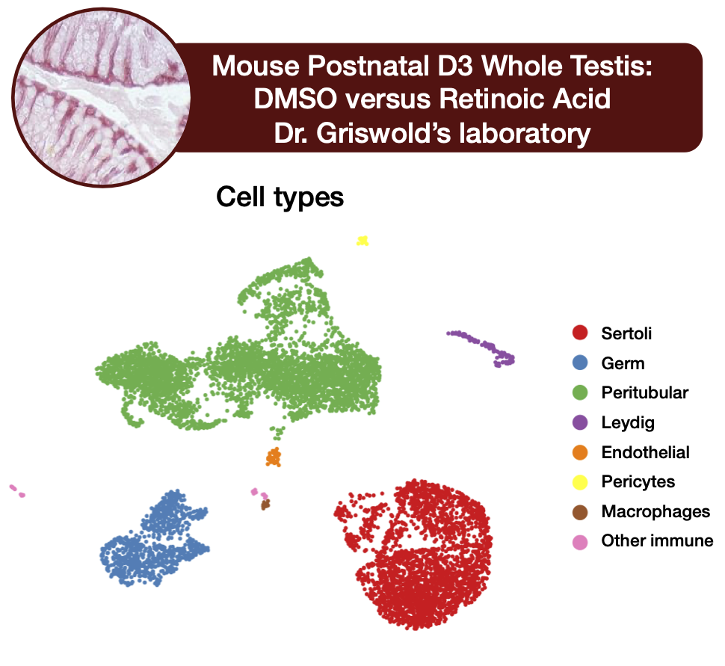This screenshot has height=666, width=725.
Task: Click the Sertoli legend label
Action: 626,333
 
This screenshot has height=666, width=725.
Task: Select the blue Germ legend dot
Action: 580,363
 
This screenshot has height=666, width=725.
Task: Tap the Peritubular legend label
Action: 644,392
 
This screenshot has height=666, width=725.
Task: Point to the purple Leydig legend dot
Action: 580,422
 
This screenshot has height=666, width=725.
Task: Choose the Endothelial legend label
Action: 645,452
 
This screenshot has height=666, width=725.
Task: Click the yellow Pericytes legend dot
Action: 580,482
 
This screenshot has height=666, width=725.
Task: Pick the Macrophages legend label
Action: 655,511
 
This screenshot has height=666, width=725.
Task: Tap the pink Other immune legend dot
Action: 580,542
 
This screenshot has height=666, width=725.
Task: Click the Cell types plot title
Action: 280,197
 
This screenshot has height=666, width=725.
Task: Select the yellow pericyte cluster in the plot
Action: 362,241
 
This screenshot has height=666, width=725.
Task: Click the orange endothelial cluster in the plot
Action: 274,457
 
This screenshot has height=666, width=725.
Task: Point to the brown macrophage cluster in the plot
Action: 265,504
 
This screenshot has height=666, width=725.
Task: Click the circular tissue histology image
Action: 101,97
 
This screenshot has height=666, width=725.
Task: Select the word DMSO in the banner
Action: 295,99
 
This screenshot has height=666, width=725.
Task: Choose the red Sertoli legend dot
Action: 580,333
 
